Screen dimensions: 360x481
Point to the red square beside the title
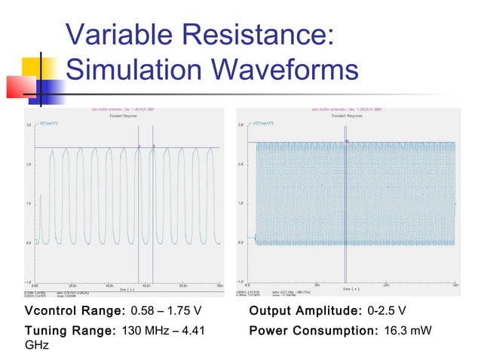pos(20,87)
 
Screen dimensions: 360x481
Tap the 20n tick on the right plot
pos(387,285)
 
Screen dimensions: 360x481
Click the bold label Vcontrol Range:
pos(75,311)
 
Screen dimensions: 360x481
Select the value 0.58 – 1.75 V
pos(167,311)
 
